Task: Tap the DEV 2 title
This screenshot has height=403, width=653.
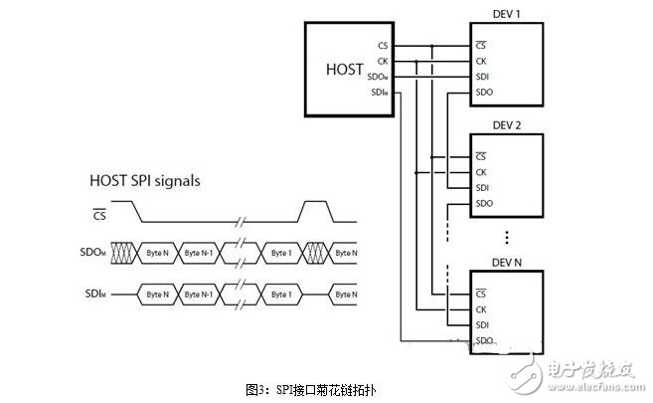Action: [507, 126]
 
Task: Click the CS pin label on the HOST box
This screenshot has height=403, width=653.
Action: [383, 46]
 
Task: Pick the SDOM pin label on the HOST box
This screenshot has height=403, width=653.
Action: [378, 78]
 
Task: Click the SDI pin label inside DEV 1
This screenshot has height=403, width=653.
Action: [482, 77]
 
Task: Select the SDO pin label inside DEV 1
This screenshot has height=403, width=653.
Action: [484, 93]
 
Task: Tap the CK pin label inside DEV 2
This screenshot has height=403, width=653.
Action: [481, 171]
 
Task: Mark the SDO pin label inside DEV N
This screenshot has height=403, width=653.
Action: [484, 340]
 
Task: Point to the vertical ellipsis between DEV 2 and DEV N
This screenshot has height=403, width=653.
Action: [507, 237]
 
